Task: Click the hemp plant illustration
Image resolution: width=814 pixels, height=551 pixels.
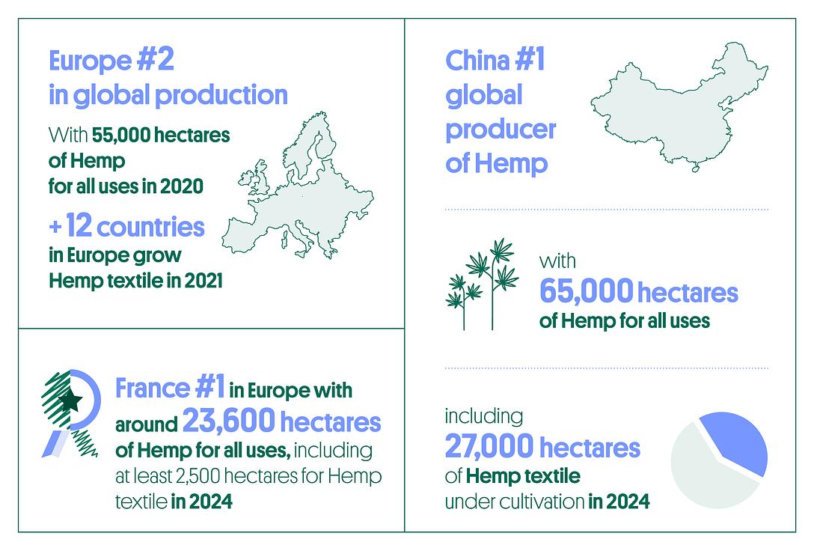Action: click(482, 284)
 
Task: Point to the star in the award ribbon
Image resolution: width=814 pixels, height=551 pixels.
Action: click(70, 400)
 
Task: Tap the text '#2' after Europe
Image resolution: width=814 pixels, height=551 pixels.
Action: click(156, 60)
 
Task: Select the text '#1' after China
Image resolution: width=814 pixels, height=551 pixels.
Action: click(530, 60)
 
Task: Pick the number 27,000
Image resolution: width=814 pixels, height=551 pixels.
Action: click(489, 447)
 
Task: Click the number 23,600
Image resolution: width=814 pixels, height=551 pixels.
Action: click(228, 421)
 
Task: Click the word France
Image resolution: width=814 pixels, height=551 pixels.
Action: click(153, 389)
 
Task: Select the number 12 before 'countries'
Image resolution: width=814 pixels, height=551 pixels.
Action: click(79, 226)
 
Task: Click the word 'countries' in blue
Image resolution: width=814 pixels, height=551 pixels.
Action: click(150, 228)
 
